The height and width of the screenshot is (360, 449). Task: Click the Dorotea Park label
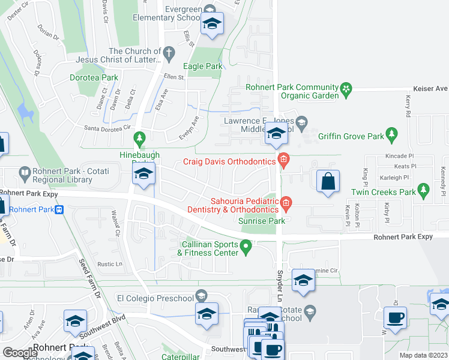(x=94, y=77)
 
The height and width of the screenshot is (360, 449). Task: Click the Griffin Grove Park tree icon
(x=392, y=133)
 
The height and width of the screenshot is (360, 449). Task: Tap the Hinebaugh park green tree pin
(x=140, y=139)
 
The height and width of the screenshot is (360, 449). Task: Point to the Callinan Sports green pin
(x=246, y=245)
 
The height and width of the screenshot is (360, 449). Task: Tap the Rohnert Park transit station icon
(x=59, y=209)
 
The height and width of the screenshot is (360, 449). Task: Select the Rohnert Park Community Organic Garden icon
(x=346, y=90)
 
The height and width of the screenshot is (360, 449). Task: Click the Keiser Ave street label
(x=433, y=89)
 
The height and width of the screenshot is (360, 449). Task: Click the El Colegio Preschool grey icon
(x=201, y=296)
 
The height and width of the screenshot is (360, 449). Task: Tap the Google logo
(x=20, y=353)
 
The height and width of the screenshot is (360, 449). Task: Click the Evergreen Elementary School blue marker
(x=212, y=25)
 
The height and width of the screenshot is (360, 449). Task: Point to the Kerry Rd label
(x=408, y=106)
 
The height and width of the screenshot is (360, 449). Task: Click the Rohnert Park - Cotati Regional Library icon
(x=25, y=174)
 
